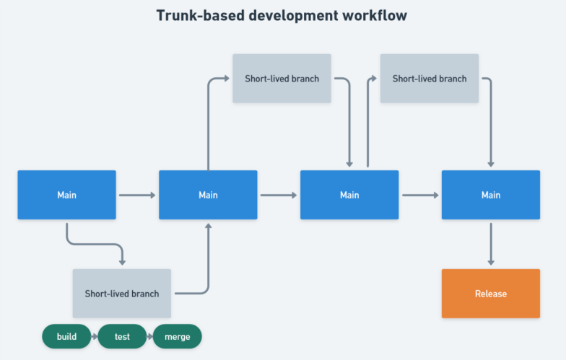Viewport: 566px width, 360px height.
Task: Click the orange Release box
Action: (490, 294)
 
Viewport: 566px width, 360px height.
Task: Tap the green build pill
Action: (66, 337)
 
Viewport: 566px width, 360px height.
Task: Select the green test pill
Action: (122, 337)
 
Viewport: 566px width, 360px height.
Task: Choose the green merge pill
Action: (177, 337)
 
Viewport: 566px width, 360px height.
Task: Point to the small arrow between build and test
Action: (94, 337)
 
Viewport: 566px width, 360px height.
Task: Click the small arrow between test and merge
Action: (149, 337)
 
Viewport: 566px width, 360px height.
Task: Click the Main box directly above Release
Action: (490, 195)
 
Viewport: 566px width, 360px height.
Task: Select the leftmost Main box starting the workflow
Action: (66, 195)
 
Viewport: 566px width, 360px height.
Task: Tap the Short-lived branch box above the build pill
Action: (122, 294)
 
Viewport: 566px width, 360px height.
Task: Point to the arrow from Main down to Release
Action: (491, 244)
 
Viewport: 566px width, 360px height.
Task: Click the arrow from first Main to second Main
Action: (137, 195)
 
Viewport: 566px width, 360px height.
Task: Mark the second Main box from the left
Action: (208, 195)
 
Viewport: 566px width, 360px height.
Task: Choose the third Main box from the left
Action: (349, 195)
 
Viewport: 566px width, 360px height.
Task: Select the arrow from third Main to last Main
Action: (420, 195)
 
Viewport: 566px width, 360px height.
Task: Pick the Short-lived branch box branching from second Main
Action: (282, 79)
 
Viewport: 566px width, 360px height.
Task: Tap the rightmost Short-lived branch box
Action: (429, 79)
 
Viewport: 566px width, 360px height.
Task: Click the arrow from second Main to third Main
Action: (279, 195)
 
